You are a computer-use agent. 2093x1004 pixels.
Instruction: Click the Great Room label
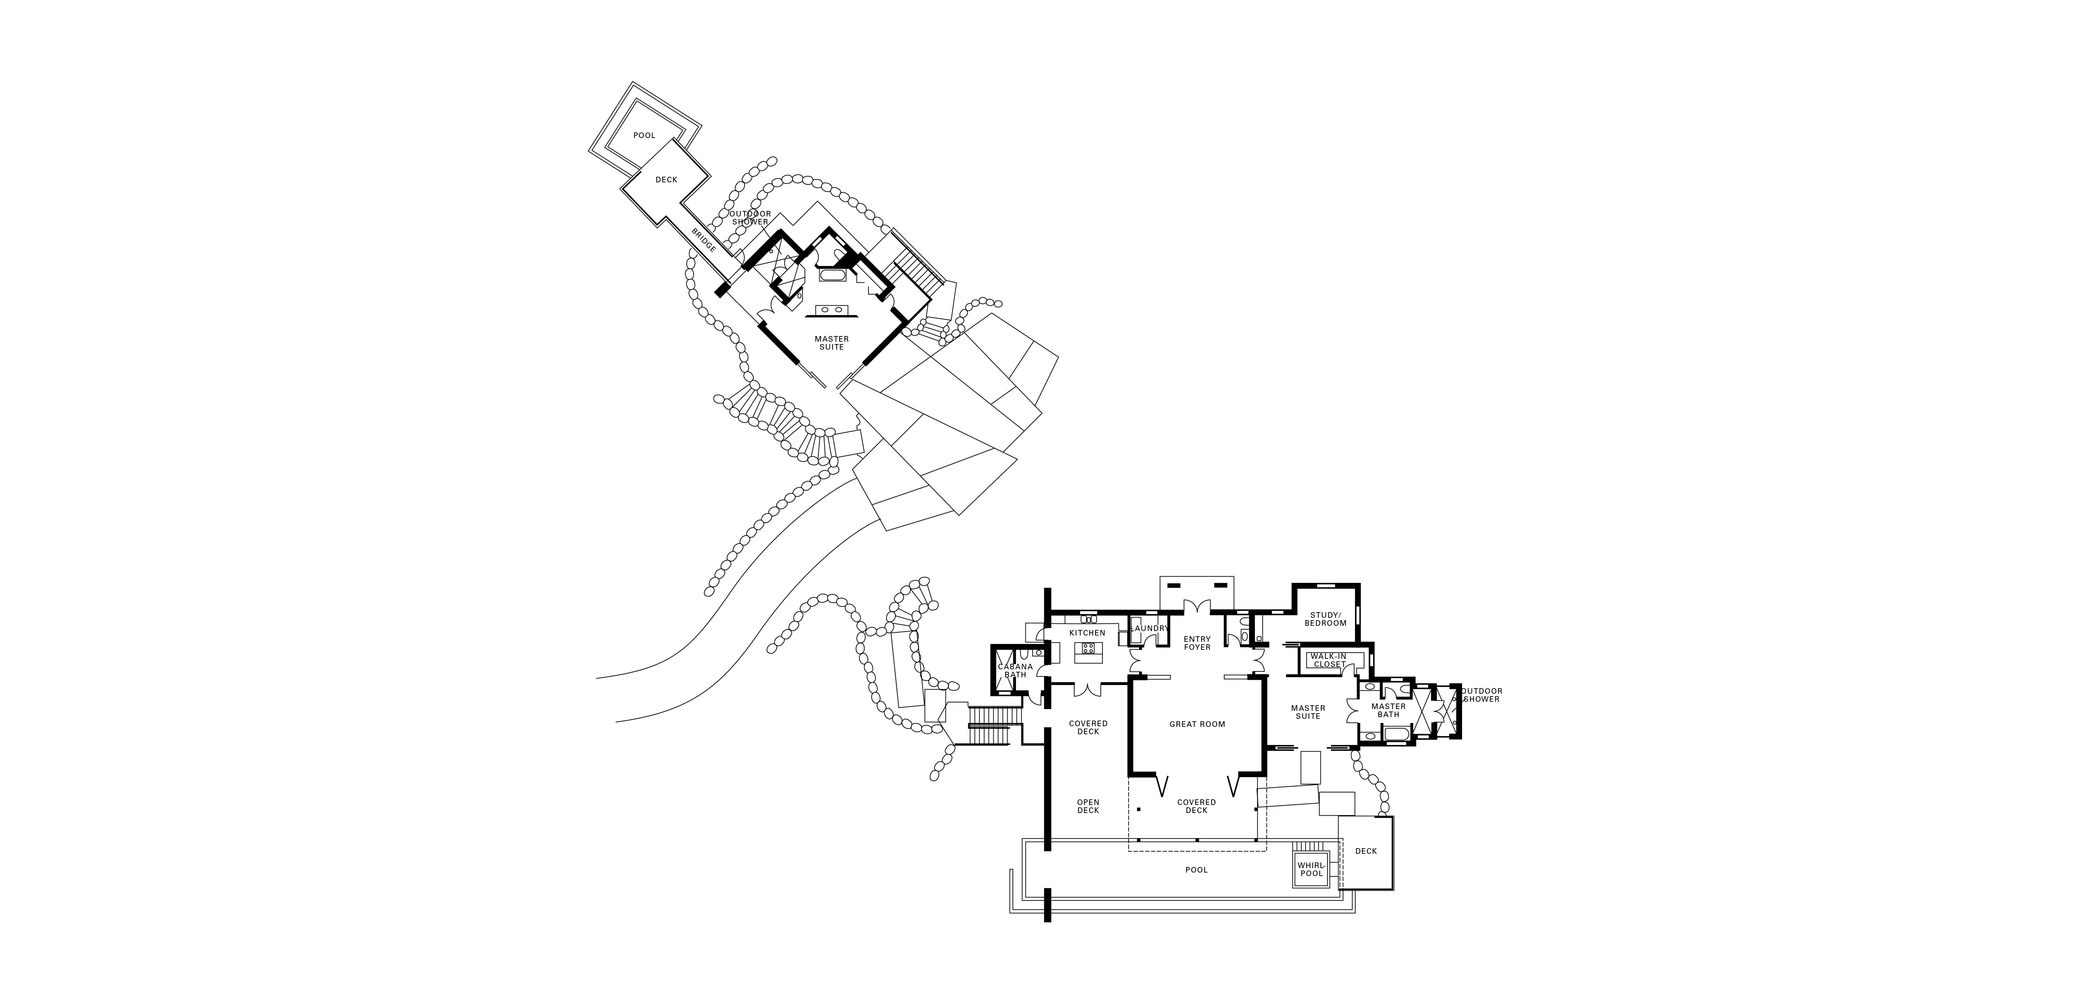(1197, 724)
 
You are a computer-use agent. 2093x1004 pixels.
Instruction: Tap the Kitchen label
(1087, 633)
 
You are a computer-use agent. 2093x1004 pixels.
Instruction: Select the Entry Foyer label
(1197, 642)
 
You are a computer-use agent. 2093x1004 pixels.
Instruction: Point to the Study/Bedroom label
(1325, 619)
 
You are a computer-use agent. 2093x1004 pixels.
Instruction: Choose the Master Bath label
(1388, 710)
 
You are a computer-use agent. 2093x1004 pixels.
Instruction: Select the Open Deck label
(1088, 806)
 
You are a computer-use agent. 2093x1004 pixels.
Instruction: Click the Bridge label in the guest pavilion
(703, 241)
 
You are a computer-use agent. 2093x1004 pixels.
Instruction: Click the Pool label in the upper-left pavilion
(644, 136)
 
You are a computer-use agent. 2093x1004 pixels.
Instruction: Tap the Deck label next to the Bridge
(666, 180)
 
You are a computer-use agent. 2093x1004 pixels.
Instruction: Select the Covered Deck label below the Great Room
(1197, 806)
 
